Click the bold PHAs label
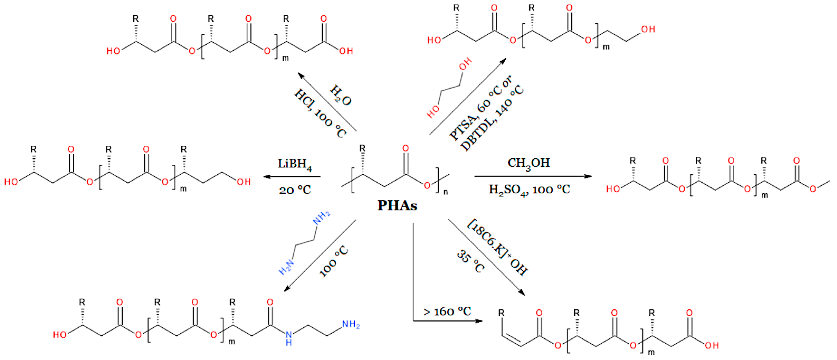click(x=397, y=205)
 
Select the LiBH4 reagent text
click(x=294, y=164)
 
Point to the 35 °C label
click(x=470, y=261)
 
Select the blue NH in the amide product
click(x=289, y=338)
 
